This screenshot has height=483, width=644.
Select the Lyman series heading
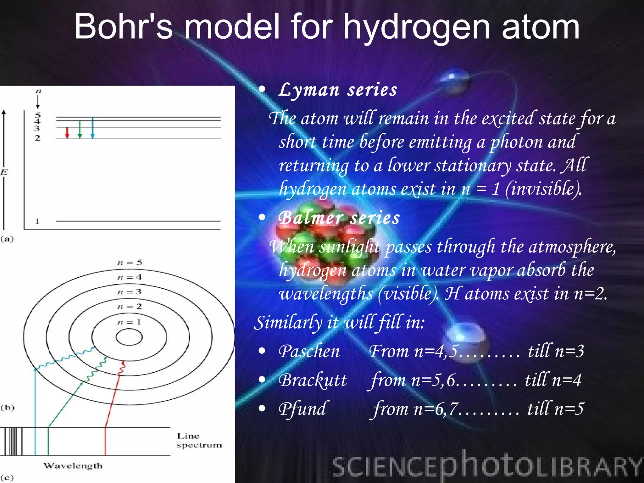338,90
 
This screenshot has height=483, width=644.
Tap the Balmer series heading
339,218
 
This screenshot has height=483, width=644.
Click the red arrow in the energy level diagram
67,133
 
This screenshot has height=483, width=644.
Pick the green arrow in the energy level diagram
80,130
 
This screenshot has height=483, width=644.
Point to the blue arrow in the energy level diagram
92,128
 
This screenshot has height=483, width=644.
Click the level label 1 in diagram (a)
37,221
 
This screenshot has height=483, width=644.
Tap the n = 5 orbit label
130,263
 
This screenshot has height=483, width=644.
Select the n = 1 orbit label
129,322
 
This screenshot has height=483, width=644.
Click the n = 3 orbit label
129,292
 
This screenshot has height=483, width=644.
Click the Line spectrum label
199,440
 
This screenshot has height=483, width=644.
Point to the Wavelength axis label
73,466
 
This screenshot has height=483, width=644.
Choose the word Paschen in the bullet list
309,351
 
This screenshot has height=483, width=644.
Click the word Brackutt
313,380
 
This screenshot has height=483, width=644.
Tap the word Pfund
303,409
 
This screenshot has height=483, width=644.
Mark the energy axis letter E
4,172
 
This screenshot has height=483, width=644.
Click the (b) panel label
7,408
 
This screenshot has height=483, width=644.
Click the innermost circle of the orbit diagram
129,337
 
